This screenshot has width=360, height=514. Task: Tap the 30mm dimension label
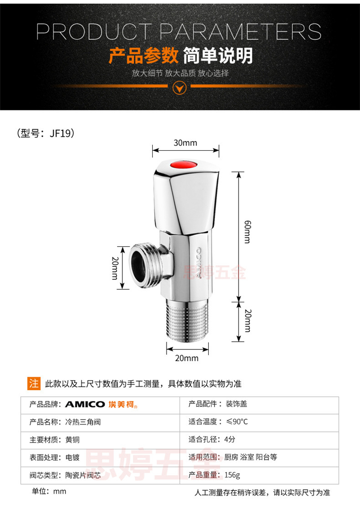point(185,143)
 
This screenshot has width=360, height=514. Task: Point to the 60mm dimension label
point(248,232)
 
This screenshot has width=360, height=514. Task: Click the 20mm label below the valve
point(187,358)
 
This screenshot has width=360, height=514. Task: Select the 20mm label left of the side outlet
point(115,268)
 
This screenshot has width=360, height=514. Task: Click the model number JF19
point(60,133)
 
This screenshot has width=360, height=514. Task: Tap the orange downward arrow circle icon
point(180,87)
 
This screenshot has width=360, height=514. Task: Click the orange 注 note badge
point(34,383)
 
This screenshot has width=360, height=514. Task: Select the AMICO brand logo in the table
point(101,405)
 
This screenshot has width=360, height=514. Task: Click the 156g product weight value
point(232,475)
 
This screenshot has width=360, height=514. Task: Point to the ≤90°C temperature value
point(237,421)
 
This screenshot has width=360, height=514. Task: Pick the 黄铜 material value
point(72,440)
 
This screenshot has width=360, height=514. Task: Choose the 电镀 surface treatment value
point(72,457)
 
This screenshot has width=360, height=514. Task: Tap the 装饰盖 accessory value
point(236,404)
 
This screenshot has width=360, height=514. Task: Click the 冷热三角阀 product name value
point(83,422)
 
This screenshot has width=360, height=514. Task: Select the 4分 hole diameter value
point(229,439)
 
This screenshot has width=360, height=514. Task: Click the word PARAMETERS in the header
point(240,32)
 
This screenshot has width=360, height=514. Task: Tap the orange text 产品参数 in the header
point(144,55)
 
